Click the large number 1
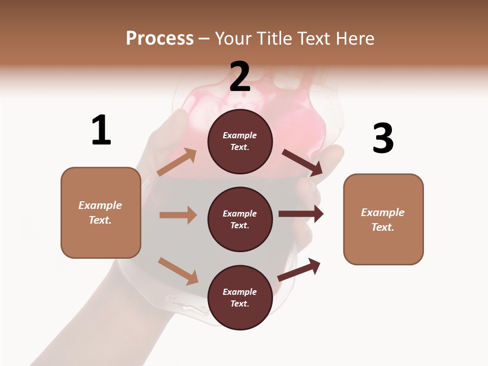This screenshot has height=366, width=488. coord(101,130)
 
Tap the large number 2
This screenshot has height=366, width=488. coord(240,77)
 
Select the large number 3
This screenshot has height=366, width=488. coord(383,138)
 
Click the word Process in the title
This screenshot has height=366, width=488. coord(160,38)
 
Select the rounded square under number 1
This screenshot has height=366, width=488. coord(101,212)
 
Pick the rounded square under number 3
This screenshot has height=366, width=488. coord(383,219)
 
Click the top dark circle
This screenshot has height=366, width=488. coord(240,141)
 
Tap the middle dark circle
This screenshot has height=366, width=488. coord(240,219)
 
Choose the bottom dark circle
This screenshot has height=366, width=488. coord(240,297)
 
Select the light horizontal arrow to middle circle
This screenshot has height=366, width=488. coord(178,215)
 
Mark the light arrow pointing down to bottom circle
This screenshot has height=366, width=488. coord(178,271)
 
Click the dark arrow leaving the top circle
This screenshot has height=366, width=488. coord(302,163)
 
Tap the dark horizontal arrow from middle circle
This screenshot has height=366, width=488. coord(301,214)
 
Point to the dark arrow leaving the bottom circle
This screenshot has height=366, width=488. coord(299,270)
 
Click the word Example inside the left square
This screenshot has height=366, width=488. coord(100,205)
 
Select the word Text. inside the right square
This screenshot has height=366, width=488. coord(383,227)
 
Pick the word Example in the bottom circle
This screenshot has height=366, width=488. coord(240,292)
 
